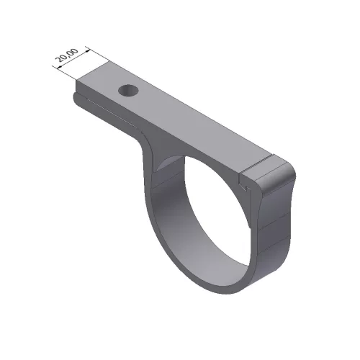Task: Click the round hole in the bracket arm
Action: point(128,91)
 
